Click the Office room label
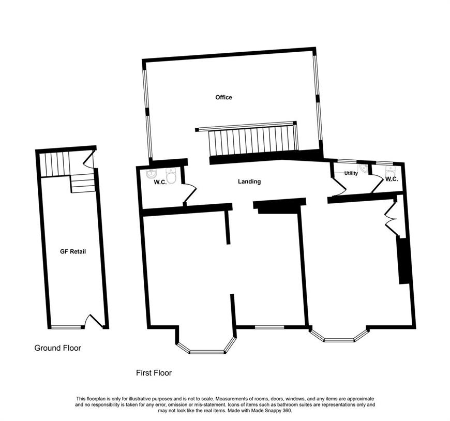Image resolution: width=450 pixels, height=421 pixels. [223, 97]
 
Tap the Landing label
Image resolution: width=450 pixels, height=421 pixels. [249, 182]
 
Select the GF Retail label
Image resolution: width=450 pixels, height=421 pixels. [73, 251]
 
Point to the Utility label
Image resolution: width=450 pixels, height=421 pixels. [351, 173]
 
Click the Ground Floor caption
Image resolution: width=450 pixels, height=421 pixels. [58, 348]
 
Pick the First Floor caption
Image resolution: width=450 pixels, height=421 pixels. [154, 373]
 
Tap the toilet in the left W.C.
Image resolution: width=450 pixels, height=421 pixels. [171, 176]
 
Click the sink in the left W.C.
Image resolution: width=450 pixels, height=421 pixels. [151, 173]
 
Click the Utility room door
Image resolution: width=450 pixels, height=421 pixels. [339, 187]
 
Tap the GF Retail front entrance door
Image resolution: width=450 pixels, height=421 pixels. [94, 321]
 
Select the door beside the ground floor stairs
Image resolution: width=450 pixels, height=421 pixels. [89, 160]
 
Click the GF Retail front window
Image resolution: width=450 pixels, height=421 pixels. [66, 326]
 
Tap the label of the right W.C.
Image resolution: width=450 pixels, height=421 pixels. [392, 179]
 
